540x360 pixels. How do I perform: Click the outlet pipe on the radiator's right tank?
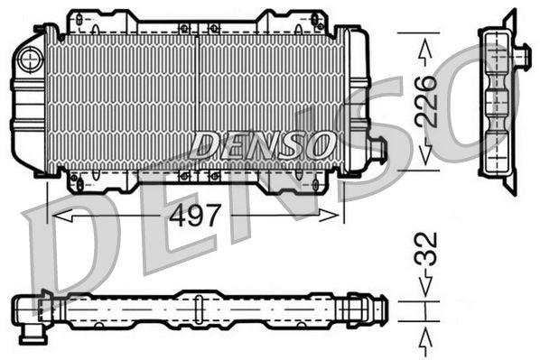377,149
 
